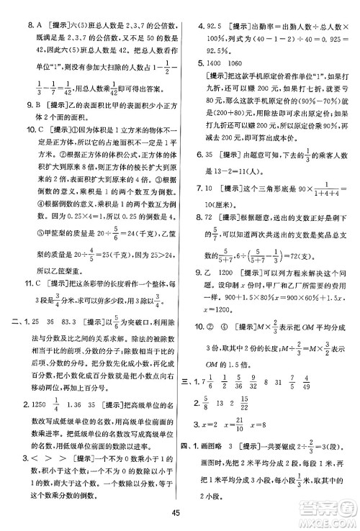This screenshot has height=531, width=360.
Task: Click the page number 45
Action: [179, 512]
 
